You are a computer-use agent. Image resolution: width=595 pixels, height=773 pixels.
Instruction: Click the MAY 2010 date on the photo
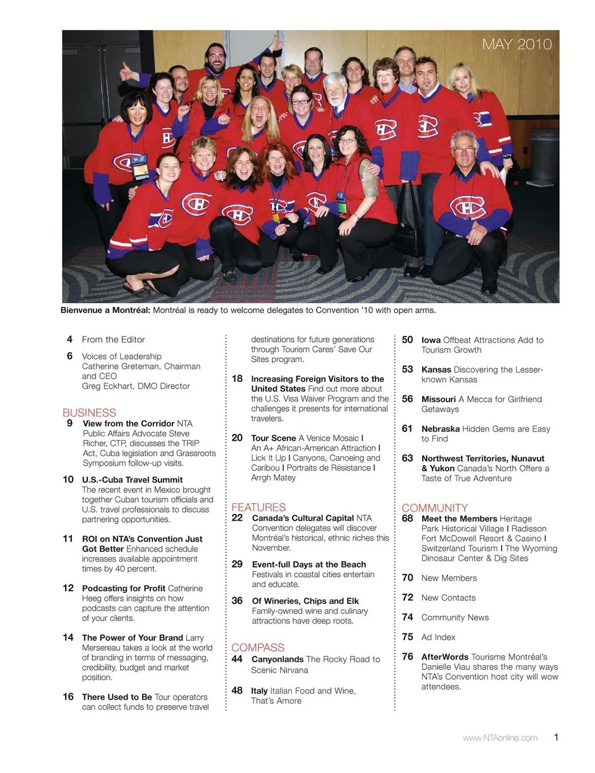click(516, 44)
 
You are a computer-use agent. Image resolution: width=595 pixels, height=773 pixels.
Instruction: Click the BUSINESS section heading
click(89, 412)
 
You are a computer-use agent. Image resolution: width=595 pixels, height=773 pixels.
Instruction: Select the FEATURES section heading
click(258, 507)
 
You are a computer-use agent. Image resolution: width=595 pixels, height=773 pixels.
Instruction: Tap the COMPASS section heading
click(258, 647)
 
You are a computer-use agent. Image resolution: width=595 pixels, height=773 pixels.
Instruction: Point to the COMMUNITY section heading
click(434, 508)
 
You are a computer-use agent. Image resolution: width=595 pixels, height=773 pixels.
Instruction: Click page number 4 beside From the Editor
click(69, 339)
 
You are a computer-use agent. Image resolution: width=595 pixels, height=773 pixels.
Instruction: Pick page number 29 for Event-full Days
click(237, 564)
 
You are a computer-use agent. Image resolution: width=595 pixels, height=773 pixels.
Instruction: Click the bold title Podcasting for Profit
click(123, 588)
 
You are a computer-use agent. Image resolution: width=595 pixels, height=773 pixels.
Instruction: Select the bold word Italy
click(259, 691)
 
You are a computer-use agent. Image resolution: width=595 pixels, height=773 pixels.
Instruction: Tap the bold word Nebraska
click(440, 428)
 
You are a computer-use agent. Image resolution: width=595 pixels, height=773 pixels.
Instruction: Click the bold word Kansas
click(436, 369)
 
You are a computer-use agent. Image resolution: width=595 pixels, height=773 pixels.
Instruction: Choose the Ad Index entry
click(438, 637)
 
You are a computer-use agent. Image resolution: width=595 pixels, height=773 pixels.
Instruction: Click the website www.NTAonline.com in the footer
click(500, 738)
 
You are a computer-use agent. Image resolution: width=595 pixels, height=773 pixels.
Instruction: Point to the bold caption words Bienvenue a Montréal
click(105, 310)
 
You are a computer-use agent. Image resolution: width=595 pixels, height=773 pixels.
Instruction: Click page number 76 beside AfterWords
click(407, 656)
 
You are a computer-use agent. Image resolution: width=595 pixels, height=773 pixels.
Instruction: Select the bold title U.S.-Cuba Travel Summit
click(132, 480)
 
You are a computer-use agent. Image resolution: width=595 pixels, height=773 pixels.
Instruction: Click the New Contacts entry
click(448, 598)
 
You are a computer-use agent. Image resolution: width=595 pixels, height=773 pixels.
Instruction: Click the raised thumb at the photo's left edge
click(126, 71)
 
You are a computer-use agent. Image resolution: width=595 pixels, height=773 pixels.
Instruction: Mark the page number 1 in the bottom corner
click(556, 737)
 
